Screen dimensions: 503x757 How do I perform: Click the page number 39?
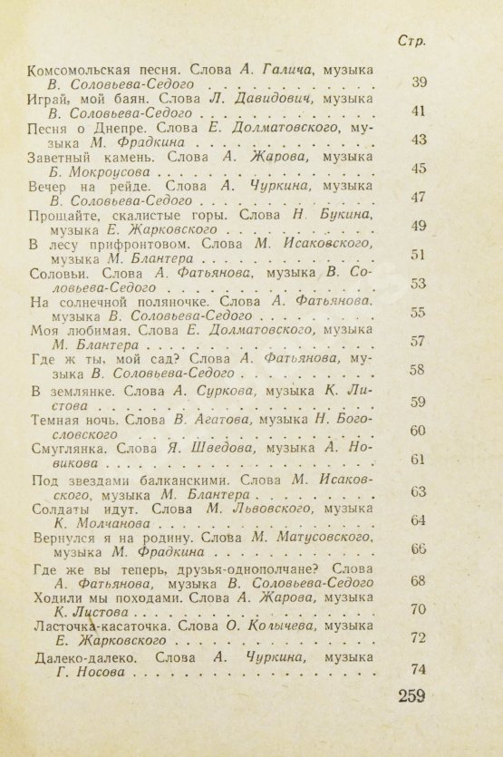pos(418,83)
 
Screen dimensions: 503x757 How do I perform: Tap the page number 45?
pos(418,169)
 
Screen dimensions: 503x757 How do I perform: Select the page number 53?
pos(418,284)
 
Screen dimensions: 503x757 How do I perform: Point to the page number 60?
pos(418,431)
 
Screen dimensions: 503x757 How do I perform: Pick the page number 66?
pos(418,548)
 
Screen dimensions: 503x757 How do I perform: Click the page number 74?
pos(418,669)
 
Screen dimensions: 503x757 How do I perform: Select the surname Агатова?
pos(227,421)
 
